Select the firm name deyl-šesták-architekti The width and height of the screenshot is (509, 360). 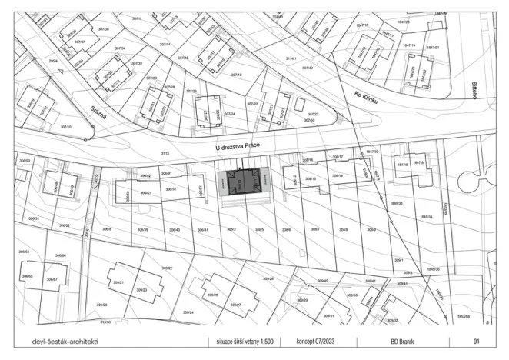65,340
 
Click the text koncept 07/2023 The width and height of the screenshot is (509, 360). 313,340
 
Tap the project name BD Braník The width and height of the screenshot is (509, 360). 402,340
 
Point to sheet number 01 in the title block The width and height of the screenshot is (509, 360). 477,340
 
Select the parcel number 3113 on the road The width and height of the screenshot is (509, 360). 165,155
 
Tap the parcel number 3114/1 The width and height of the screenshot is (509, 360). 291,58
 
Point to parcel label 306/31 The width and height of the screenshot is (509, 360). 32,219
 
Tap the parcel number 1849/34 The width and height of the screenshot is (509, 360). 424,217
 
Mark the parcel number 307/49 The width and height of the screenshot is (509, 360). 308,68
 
